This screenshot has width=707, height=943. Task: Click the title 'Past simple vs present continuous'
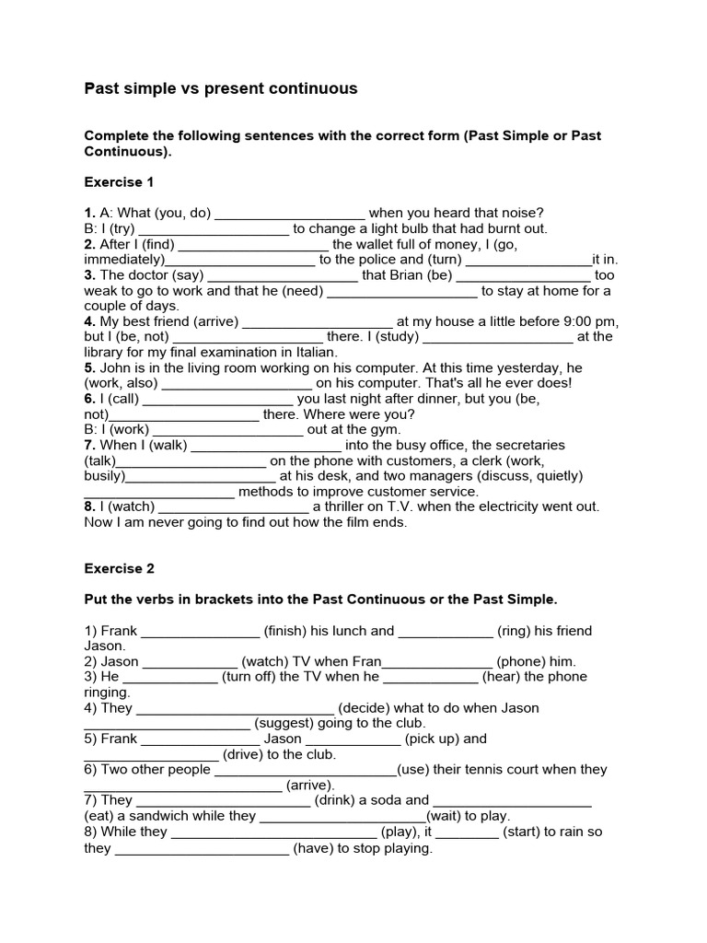pyautogui.click(x=221, y=89)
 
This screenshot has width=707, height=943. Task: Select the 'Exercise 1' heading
pyautogui.click(x=120, y=181)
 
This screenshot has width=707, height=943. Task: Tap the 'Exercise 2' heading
pyautogui.click(x=120, y=568)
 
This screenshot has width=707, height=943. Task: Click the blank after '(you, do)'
pyautogui.click(x=290, y=213)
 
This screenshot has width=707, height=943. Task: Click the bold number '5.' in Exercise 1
pyautogui.click(x=90, y=367)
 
